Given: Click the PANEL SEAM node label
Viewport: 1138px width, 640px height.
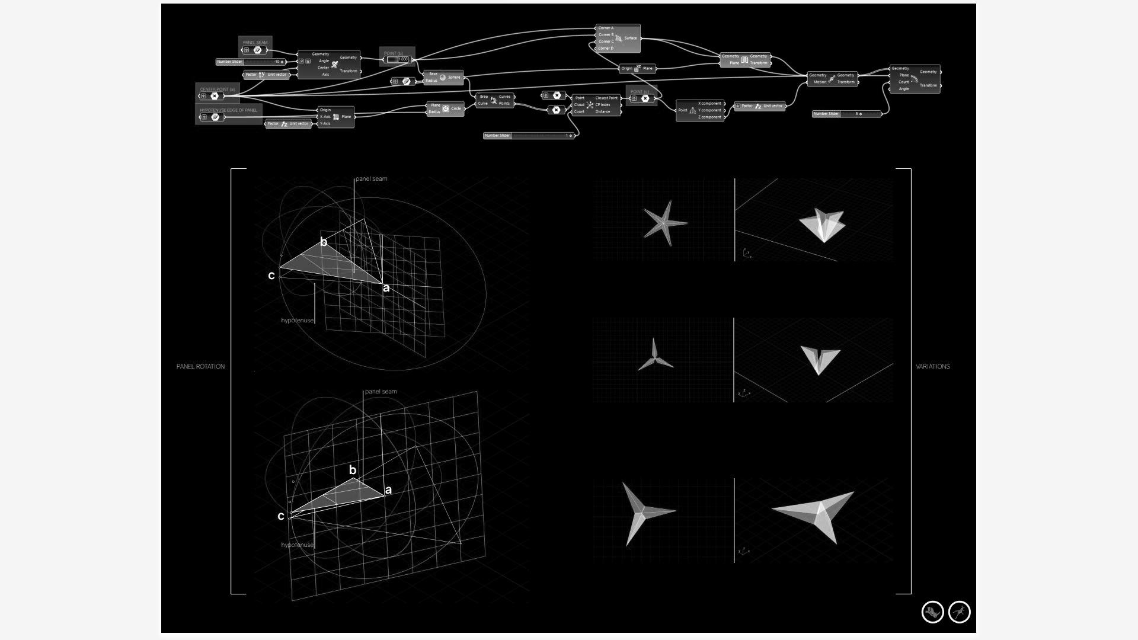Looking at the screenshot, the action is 255,42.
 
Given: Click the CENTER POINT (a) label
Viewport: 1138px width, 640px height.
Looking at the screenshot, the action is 217,89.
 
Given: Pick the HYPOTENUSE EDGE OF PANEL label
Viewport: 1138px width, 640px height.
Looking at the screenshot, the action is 228,110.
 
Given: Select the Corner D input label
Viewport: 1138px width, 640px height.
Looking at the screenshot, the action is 606,49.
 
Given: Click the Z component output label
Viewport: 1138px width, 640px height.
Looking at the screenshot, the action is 709,117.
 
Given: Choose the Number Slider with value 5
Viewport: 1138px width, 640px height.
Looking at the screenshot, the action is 846,114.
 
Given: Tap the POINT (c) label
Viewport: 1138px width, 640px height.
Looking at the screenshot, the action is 640,91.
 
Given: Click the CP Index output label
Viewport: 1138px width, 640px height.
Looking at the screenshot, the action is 603,105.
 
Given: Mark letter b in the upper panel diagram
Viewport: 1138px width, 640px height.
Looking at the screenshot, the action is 324,242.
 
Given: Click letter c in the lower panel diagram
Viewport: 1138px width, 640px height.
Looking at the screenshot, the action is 281,516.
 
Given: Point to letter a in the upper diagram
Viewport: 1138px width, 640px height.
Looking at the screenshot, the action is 386,289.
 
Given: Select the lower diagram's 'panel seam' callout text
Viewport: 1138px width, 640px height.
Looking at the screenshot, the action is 381,392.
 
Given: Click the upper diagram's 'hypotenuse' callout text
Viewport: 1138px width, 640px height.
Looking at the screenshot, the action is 297,321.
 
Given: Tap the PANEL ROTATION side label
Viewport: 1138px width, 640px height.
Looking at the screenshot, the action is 200,367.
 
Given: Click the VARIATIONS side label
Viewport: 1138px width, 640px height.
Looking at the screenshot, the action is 932,367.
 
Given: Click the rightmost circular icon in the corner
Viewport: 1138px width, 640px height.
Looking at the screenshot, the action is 959,612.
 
